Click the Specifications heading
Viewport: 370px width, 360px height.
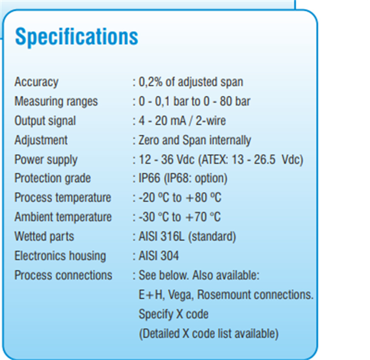[x=76, y=37]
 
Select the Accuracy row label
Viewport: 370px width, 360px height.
[x=36, y=82]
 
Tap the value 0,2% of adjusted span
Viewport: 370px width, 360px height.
[x=191, y=82]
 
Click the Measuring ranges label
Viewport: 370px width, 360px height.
[x=56, y=101]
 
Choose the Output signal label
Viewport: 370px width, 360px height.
[x=45, y=121]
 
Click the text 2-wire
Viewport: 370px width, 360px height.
[x=211, y=120]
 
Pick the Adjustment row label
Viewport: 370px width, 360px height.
[x=41, y=140]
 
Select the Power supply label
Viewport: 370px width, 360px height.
[x=46, y=160]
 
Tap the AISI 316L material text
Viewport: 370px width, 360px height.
[x=161, y=236]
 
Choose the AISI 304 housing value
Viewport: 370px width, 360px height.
[x=158, y=255]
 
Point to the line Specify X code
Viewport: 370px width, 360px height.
[x=173, y=314]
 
